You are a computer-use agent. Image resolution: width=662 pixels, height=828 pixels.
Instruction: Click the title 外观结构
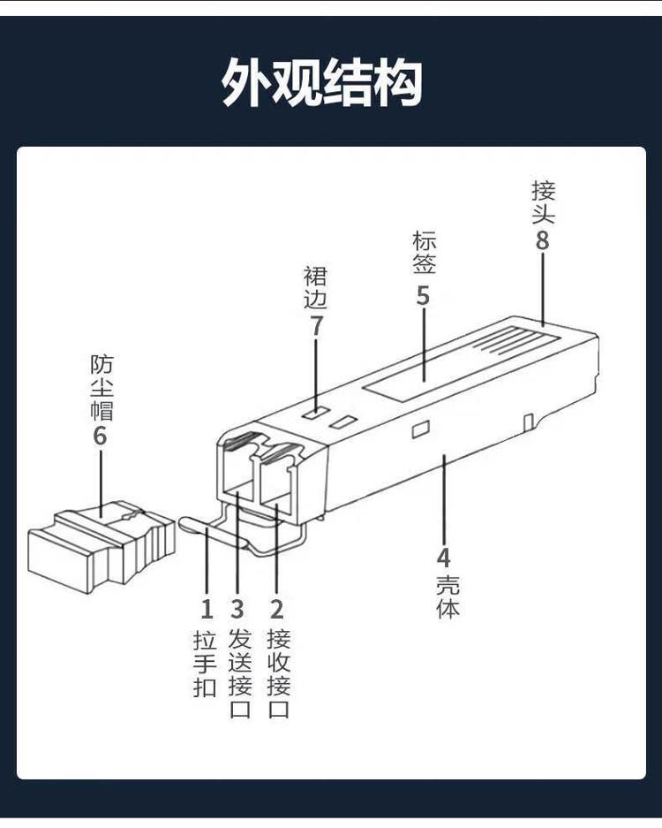(322, 84)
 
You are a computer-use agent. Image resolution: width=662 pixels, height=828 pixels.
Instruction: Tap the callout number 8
(542, 240)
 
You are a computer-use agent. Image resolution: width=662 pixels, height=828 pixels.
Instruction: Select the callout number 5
(423, 296)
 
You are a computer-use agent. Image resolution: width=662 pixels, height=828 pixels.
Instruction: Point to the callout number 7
(316, 326)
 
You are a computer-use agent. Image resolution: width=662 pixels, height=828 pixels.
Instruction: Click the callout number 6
(100, 435)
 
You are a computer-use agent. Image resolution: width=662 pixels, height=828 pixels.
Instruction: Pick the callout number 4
(443, 558)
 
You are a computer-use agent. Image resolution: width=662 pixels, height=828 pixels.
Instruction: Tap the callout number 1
(207, 609)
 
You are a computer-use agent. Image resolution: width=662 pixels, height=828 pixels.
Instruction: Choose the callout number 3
(237, 609)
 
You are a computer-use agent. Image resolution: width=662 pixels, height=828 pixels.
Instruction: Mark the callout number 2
(277, 609)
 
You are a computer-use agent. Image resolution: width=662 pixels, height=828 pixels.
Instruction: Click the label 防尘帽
(102, 387)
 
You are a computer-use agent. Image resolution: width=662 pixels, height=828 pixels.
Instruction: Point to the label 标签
(424, 251)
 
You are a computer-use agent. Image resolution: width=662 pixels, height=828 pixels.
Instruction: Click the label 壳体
(447, 596)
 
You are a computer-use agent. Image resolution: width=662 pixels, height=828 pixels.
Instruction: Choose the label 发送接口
(239, 673)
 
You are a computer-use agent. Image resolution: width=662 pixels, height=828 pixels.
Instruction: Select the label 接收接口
(278, 673)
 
